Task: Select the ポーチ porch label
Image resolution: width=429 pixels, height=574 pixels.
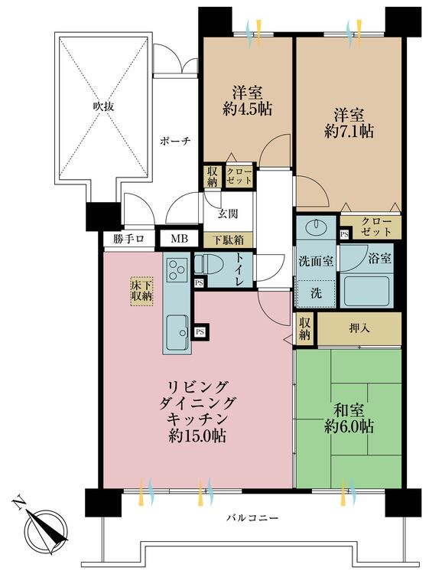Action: (x=174, y=141)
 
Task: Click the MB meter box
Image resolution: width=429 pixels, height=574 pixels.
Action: (x=178, y=239)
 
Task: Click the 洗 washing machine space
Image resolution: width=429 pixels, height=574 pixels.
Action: (x=315, y=292)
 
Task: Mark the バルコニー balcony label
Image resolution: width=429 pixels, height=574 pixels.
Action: (x=251, y=520)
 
